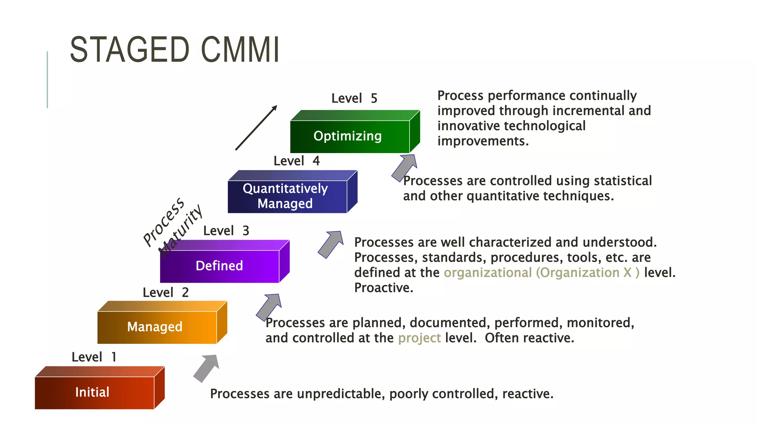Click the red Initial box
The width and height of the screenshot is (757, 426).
(x=94, y=392)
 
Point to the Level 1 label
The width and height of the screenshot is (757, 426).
(x=94, y=357)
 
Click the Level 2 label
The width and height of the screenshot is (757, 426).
(x=166, y=293)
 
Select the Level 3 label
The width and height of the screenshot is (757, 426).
(x=226, y=231)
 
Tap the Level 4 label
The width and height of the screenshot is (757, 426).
(x=296, y=161)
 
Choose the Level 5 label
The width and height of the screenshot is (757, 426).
(x=354, y=98)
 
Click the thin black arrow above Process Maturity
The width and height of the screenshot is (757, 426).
(x=256, y=128)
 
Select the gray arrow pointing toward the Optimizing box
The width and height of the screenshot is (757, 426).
(x=405, y=167)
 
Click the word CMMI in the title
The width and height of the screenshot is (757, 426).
(x=240, y=50)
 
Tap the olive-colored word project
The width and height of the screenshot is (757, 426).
(x=420, y=338)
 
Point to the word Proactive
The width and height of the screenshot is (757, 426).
(x=383, y=288)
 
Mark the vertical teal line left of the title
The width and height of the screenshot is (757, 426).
(x=47, y=80)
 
